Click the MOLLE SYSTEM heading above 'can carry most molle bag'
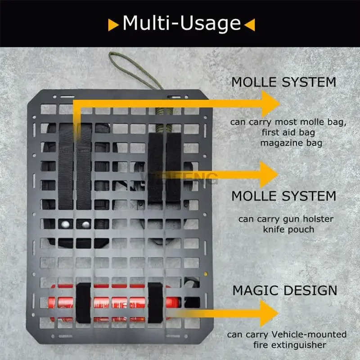coord(283,82)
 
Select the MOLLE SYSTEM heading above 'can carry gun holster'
coord(283,196)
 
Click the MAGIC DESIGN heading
coord(284,290)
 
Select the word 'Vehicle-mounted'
coord(309,334)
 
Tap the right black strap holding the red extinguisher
coord(155,303)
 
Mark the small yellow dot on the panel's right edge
coord(206,273)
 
